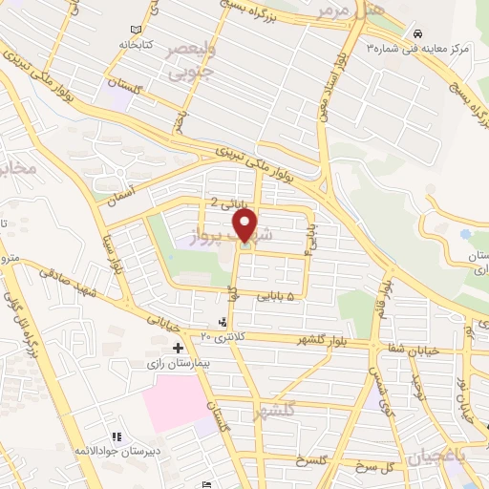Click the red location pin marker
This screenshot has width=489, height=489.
point(245,225)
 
